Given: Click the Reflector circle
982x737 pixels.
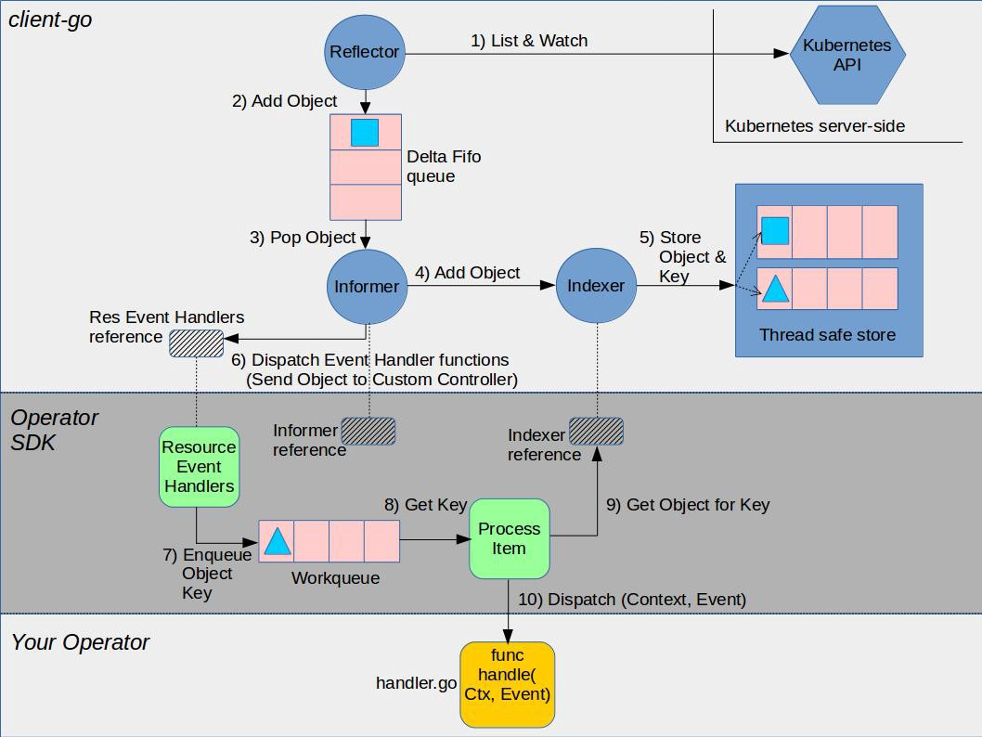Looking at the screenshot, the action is (x=365, y=52).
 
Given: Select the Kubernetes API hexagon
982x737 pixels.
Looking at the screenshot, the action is (x=847, y=55).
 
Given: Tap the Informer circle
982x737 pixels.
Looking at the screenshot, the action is (x=367, y=287).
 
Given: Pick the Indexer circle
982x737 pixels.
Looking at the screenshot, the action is (x=596, y=286).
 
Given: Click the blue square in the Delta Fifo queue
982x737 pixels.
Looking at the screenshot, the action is (x=365, y=133).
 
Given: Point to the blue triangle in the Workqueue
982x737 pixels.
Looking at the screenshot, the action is (x=278, y=541).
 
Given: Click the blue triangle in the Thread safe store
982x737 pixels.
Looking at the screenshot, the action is (x=775, y=289).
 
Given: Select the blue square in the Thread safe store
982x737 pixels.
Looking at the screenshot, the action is (x=775, y=230).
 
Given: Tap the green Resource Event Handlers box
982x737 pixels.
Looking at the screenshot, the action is (x=200, y=467).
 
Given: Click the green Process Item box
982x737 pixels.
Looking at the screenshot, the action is (x=510, y=538).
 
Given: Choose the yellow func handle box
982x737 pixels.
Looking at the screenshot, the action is (x=508, y=684).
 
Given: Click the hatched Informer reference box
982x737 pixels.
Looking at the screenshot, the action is (x=368, y=431).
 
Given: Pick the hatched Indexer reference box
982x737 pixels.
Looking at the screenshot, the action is (x=596, y=431).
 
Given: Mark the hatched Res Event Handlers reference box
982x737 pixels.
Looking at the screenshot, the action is (x=197, y=343).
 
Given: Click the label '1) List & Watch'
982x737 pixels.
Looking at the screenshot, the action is (x=529, y=41).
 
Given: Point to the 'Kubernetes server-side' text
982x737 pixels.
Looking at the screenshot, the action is (x=815, y=126).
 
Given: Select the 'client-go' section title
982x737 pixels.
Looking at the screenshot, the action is (x=50, y=20).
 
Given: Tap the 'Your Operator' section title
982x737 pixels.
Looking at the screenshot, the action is (x=80, y=642).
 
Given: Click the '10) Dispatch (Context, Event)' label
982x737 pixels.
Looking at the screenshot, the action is (x=632, y=600).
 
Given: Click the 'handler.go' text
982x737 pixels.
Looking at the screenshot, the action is (x=416, y=683).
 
